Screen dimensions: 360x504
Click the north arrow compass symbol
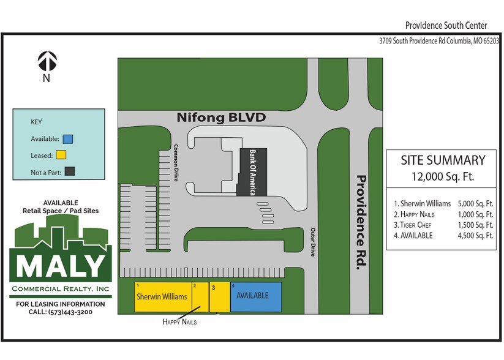point(47,60)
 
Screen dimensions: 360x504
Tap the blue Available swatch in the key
point(67,138)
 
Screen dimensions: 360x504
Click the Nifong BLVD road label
point(221,116)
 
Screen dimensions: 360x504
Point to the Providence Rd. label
point(362,220)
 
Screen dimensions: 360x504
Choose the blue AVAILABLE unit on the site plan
point(255,297)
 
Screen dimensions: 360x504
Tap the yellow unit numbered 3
point(220,297)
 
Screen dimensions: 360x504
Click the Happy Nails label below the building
point(179,321)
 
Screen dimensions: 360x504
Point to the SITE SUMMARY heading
point(443,160)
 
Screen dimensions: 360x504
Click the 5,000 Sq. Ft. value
point(475,203)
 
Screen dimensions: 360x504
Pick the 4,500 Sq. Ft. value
point(475,236)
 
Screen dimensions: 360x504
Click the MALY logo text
point(60,264)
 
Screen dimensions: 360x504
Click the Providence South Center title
point(446,25)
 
